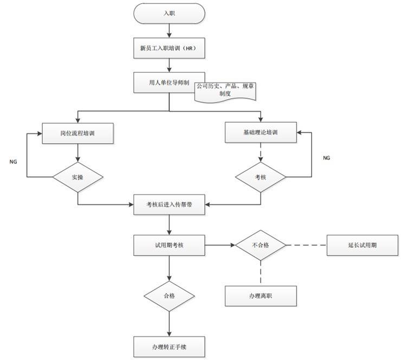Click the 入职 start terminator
point(170,14)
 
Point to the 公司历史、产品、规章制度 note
point(225,89)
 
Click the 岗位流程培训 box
point(78,133)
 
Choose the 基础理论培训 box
point(261,132)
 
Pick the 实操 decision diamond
point(78,177)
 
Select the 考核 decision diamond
point(261,177)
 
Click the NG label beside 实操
point(14,162)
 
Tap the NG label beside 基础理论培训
point(326,158)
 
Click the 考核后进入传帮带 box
point(170,204)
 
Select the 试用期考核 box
point(170,245)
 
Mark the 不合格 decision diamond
point(261,245)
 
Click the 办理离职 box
point(261,296)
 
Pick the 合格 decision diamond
point(170,296)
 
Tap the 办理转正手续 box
point(170,345)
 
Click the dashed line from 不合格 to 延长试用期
point(306,245)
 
